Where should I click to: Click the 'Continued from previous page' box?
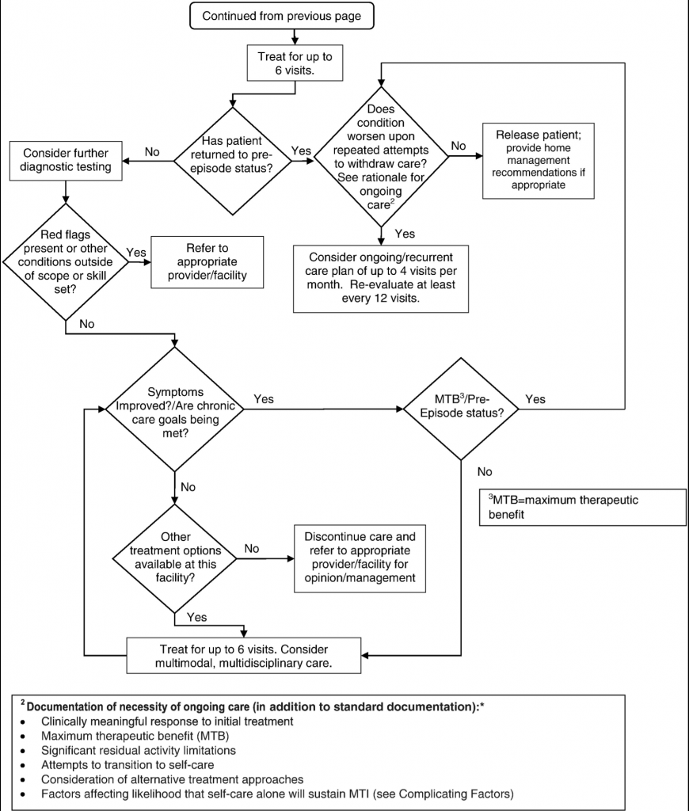281,16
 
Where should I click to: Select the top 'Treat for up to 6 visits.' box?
295,63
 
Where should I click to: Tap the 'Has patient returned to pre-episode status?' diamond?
232,161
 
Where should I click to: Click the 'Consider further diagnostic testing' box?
66,160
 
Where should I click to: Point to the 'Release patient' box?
538,160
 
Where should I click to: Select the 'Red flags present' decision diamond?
66,261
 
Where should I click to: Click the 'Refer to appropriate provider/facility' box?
207,261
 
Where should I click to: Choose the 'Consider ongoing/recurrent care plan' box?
381,278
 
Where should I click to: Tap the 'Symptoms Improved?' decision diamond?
175,409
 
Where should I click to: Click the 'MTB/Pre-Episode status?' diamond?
461,409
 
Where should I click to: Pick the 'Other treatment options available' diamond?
175,558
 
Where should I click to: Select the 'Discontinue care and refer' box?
360,558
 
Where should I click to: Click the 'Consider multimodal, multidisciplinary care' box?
244,656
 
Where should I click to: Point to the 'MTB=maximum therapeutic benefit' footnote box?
582,508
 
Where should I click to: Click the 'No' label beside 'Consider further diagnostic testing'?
152,151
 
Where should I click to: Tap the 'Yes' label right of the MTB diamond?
535,399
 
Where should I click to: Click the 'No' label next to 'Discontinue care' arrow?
252,548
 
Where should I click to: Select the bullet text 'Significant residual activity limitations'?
139,750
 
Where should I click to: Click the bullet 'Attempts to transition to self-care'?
128,764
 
